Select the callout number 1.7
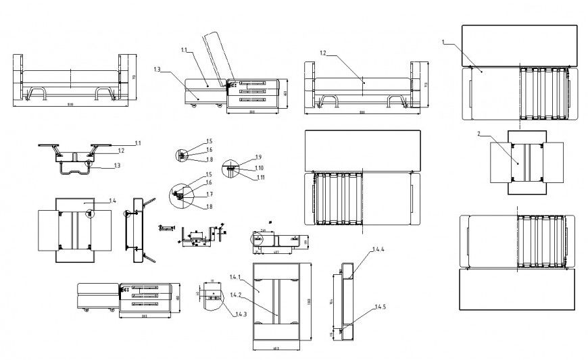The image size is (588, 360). point(210,195)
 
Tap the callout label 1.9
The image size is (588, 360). point(259,157)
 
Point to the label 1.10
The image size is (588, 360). point(260,167)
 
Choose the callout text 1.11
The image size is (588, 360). point(260,177)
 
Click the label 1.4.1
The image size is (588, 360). point(236,277)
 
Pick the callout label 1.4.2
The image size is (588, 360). point(236,294)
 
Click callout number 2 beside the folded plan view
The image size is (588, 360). point(479,134)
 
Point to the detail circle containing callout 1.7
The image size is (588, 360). point(180,195)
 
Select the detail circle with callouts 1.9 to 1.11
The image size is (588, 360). point(232,166)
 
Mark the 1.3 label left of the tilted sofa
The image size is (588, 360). point(157,69)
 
